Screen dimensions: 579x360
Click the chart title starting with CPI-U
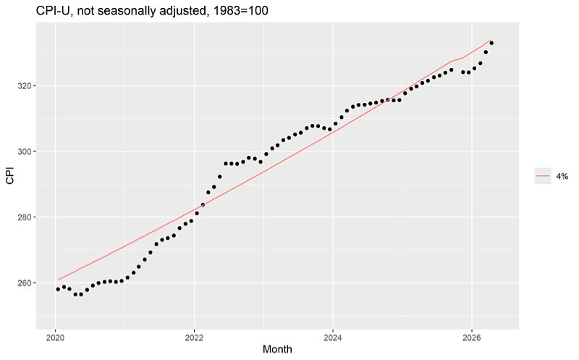152,11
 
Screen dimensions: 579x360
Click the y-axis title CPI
10,175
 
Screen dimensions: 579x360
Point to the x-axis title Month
277,349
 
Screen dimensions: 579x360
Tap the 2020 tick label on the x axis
56,338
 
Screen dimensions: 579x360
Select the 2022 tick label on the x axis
194,338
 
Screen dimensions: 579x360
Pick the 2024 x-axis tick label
333,338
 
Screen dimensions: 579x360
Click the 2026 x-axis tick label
472,338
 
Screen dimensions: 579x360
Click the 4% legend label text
562,176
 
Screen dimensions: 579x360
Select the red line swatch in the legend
543,176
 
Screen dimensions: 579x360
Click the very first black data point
58,289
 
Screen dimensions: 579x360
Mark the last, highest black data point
491,43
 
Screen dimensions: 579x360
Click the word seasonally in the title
121,11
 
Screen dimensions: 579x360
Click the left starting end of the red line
58,280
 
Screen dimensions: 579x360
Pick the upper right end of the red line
491,40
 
